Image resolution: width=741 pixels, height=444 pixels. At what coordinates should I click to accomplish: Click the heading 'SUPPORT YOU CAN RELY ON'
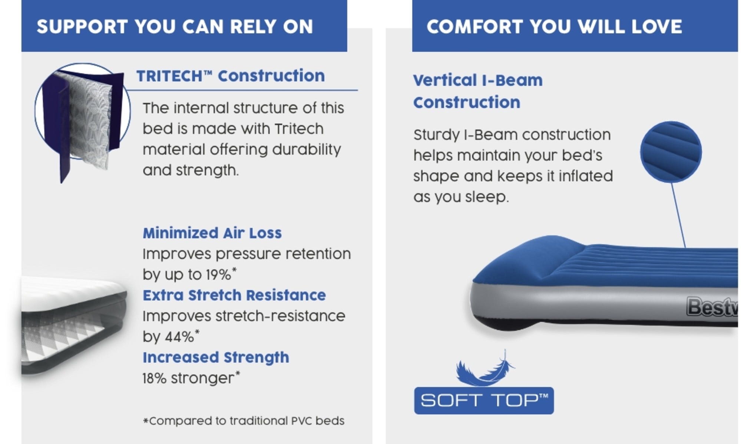175,27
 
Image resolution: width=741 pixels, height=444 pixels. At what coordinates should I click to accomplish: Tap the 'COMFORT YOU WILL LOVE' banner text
554,27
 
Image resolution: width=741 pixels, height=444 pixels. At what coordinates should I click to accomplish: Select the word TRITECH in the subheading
169,76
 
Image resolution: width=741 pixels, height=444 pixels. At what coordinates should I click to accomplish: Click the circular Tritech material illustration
82,111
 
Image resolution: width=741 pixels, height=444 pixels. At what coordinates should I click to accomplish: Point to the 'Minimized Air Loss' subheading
212,233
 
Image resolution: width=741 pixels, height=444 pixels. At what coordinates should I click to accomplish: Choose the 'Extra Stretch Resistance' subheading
234,295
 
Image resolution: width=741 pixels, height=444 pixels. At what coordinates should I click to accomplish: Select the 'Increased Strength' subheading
216,358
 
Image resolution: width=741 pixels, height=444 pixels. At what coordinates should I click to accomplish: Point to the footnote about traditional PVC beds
244,421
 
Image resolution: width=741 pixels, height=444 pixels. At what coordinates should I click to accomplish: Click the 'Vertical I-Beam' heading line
478,80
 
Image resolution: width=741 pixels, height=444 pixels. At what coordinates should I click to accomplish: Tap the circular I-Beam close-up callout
671,152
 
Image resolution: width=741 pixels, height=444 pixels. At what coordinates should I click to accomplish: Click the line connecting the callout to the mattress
678,215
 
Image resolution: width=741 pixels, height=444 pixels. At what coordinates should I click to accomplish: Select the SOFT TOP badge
484,401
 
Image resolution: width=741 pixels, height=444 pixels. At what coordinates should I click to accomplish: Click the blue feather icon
484,369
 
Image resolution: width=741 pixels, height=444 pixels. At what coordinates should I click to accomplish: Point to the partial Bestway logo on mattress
712,307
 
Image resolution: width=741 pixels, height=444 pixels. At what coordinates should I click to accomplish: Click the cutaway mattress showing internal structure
73,325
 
